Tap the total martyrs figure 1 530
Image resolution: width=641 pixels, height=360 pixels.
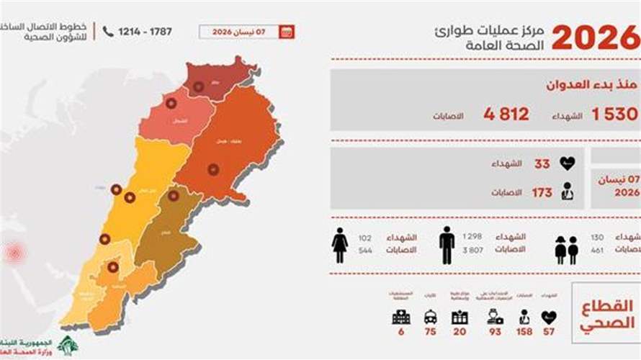(614, 114)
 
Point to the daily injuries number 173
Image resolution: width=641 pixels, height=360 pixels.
(542, 192)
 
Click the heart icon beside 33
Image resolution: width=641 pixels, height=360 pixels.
(567, 163)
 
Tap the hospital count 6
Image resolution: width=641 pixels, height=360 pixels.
(400, 332)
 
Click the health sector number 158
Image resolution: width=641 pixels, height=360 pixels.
(524, 332)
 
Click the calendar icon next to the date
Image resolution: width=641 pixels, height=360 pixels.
(286, 32)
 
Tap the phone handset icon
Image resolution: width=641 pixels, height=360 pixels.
(108, 32)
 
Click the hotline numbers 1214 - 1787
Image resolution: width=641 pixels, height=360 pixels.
(151, 32)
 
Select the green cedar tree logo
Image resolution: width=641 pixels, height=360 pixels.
(68, 344)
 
